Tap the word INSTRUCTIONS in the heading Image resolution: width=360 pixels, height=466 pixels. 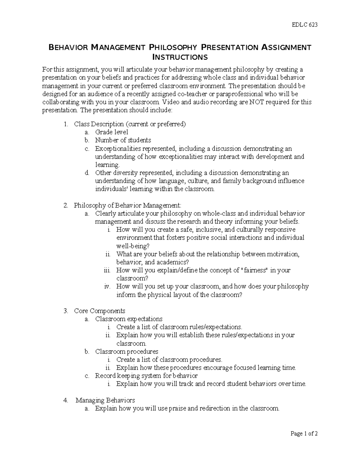pyautogui.click(x=180, y=57)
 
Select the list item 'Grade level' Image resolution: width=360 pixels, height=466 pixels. pyautogui.click(x=112, y=132)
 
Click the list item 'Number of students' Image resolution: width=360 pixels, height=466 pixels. pyautogui.click(x=123, y=140)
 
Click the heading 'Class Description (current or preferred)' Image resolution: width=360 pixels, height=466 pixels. pyautogui.click(x=130, y=124)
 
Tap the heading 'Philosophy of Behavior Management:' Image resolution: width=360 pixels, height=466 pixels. pyautogui.click(x=127, y=206)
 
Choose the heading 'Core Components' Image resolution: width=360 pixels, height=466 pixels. pyautogui.click(x=100, y=311)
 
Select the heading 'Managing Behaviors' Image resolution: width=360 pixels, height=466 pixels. pyautogui.click(x=105, y=400)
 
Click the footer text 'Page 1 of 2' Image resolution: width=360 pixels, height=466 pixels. pyautogui.click(x=304, y=434)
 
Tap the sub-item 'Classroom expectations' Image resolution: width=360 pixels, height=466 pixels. pyautogui.click(x=129, y=319)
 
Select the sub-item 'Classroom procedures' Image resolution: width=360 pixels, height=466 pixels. pyautogui.click(x=127, y=351)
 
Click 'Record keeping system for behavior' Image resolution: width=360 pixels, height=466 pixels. pyautogui.click(x=146, y=376)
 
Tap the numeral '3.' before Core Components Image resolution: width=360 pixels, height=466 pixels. pyautogui.click(x=66, y=311)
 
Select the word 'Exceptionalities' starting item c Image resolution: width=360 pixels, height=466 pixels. pyautogui.click(x=118, y=149)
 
